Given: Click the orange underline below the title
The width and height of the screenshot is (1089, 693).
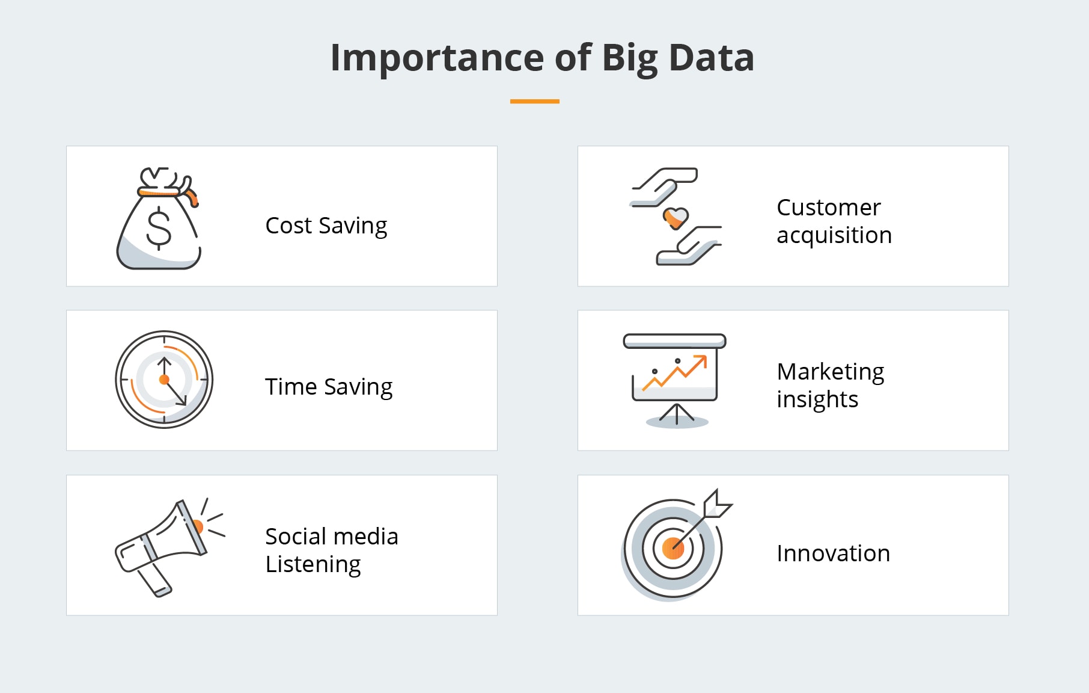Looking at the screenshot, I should [534, 102].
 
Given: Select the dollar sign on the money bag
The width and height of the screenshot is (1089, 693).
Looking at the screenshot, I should [159, 228].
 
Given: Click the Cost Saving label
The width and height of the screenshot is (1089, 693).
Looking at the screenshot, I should [326, 226].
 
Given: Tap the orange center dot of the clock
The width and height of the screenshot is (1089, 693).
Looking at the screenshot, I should [164, 380].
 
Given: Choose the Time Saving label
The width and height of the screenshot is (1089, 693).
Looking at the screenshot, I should [328, 386].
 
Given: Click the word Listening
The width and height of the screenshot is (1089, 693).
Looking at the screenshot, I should [313, 564].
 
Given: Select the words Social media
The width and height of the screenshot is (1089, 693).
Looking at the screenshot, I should [331, 536].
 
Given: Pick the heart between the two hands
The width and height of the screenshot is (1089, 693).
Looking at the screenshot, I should [676, 217].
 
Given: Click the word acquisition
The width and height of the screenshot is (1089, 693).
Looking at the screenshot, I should [834, 235].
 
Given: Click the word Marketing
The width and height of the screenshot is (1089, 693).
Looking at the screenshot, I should [830, 372].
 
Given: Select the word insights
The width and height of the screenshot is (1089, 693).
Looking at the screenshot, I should [817, 399].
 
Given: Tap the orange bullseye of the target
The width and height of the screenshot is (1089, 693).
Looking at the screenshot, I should [672, 549].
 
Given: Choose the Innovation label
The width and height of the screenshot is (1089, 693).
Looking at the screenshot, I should [832, 553].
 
